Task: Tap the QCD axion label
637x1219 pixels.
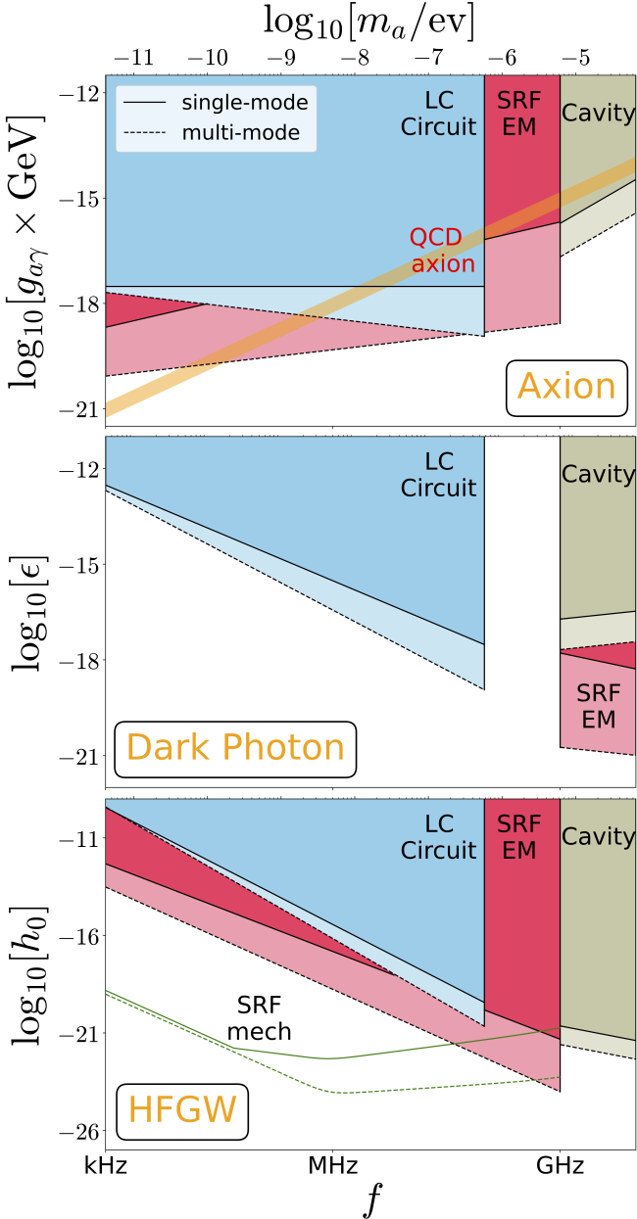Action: pyautogui.click(x=443, y=251)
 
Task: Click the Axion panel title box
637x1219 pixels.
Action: pyautogui.click(x=566, y=388)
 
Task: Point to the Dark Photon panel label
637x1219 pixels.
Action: pyautogui.click(x=235, y=748)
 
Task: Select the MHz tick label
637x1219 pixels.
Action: pyautogui.click(x=331, y=1168)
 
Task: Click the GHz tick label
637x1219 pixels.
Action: pyautogui.click(x=560, y=1168)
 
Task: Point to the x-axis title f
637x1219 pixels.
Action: pyautogui.click(x=370, y=1200)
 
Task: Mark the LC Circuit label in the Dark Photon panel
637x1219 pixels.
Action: pyautogui.click(x=437, y=474)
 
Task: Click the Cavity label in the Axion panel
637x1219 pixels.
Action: pyautogui.click(x=598, y=114)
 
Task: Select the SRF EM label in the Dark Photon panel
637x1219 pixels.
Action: pyautogui.click(x=598, y=706)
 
